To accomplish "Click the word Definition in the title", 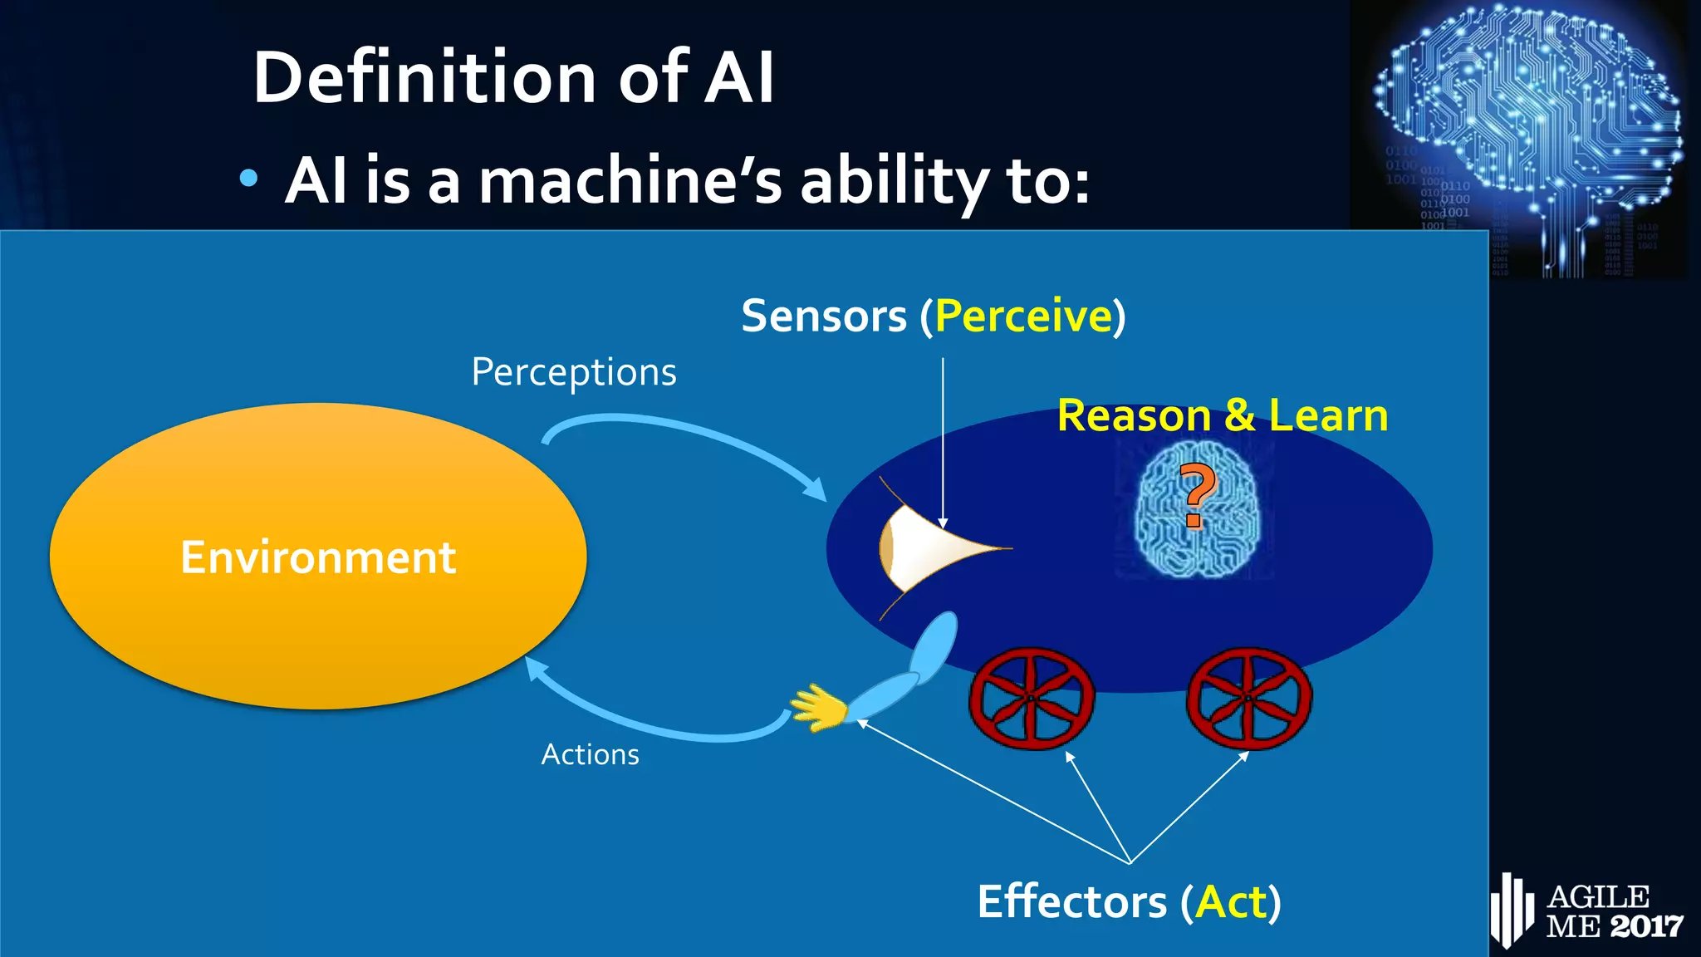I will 424,77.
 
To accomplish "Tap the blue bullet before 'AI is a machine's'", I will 248,178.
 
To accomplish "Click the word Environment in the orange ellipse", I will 318,557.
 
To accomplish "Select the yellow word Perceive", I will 1023,317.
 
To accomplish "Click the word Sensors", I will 823,317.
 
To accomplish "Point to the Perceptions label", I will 573,372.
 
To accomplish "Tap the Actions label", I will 590,754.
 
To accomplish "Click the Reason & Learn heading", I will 1222,415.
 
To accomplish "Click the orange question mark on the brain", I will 1196,495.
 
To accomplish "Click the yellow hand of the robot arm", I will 817,708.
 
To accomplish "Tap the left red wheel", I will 1031,699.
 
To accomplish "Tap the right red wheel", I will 1248,699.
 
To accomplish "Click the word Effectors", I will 1071,902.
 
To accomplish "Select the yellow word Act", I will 1231,902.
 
